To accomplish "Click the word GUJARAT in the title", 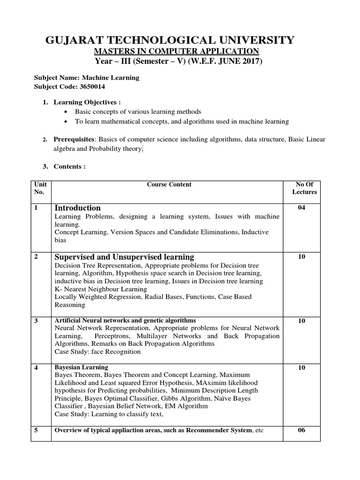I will point(74,40).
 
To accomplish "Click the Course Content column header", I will point(169,184).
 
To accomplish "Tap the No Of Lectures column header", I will point(304,188).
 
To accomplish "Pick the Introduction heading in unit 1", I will point(77,208).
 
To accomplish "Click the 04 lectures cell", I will point(301,208).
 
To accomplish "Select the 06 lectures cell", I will point(301,430).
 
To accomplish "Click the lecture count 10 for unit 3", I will point(301,321).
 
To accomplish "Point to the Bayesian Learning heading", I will point(81,367).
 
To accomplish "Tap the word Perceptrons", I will point(115,336).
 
